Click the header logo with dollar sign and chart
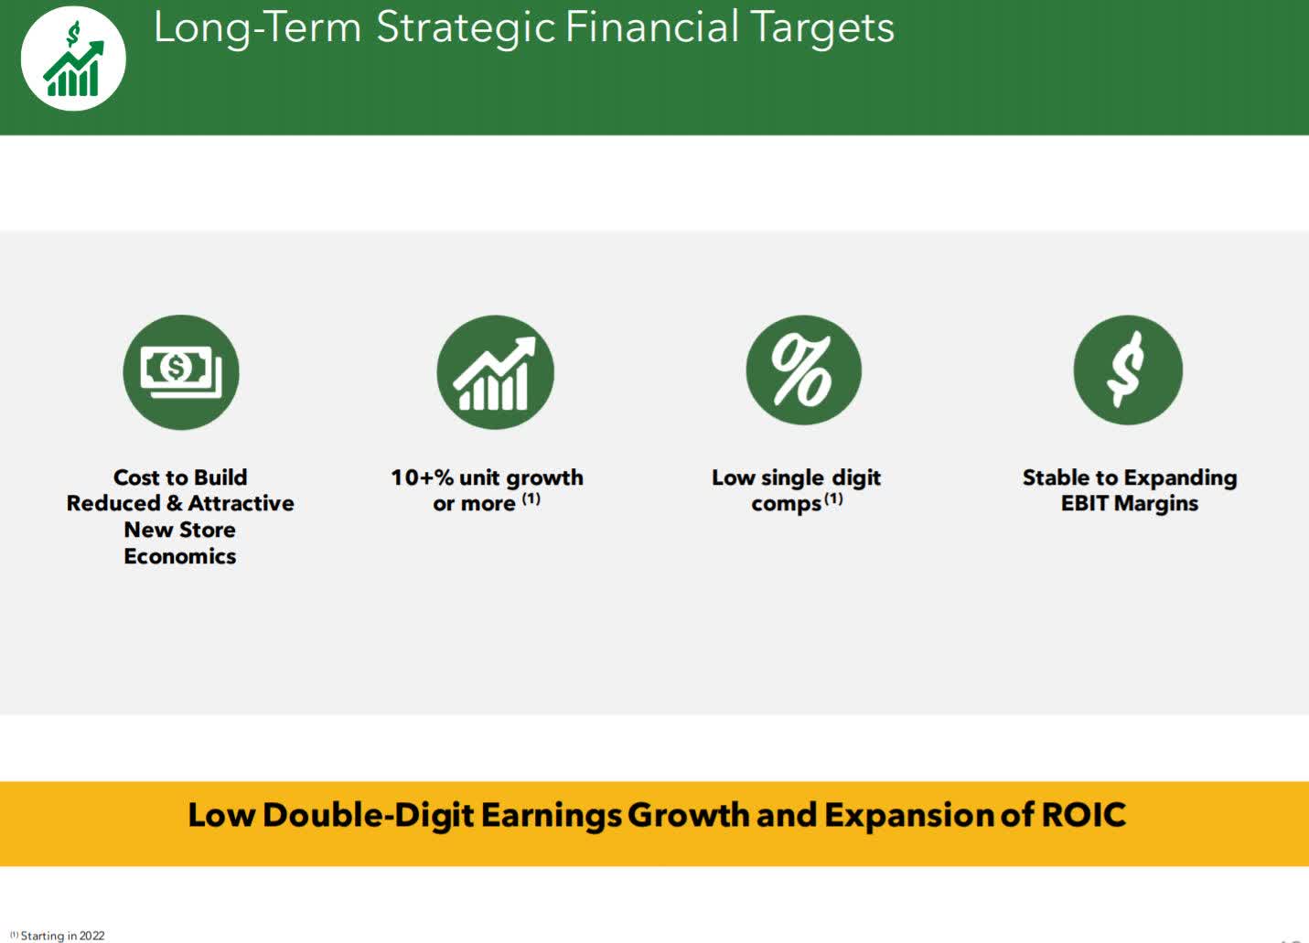(x=73, y=59)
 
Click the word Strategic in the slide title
(x=466, y=28)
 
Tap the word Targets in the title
(x=821, y=28)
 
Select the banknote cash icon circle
(x=181, y=373)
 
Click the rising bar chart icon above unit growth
(x=495, y=373)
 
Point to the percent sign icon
(x=803, y=370)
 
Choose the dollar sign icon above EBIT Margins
(x=1128, y=370)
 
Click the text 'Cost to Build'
(x=180, y=477)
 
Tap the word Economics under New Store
(x=180, y=556)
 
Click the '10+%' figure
(x=422, y=477)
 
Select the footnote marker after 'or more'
(x=531, y=499)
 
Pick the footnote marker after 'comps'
(x=834, y=499)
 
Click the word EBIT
(x=1085, y=503)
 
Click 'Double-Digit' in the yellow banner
(x=368, y=816)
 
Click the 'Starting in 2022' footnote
(x=58, y=936)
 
